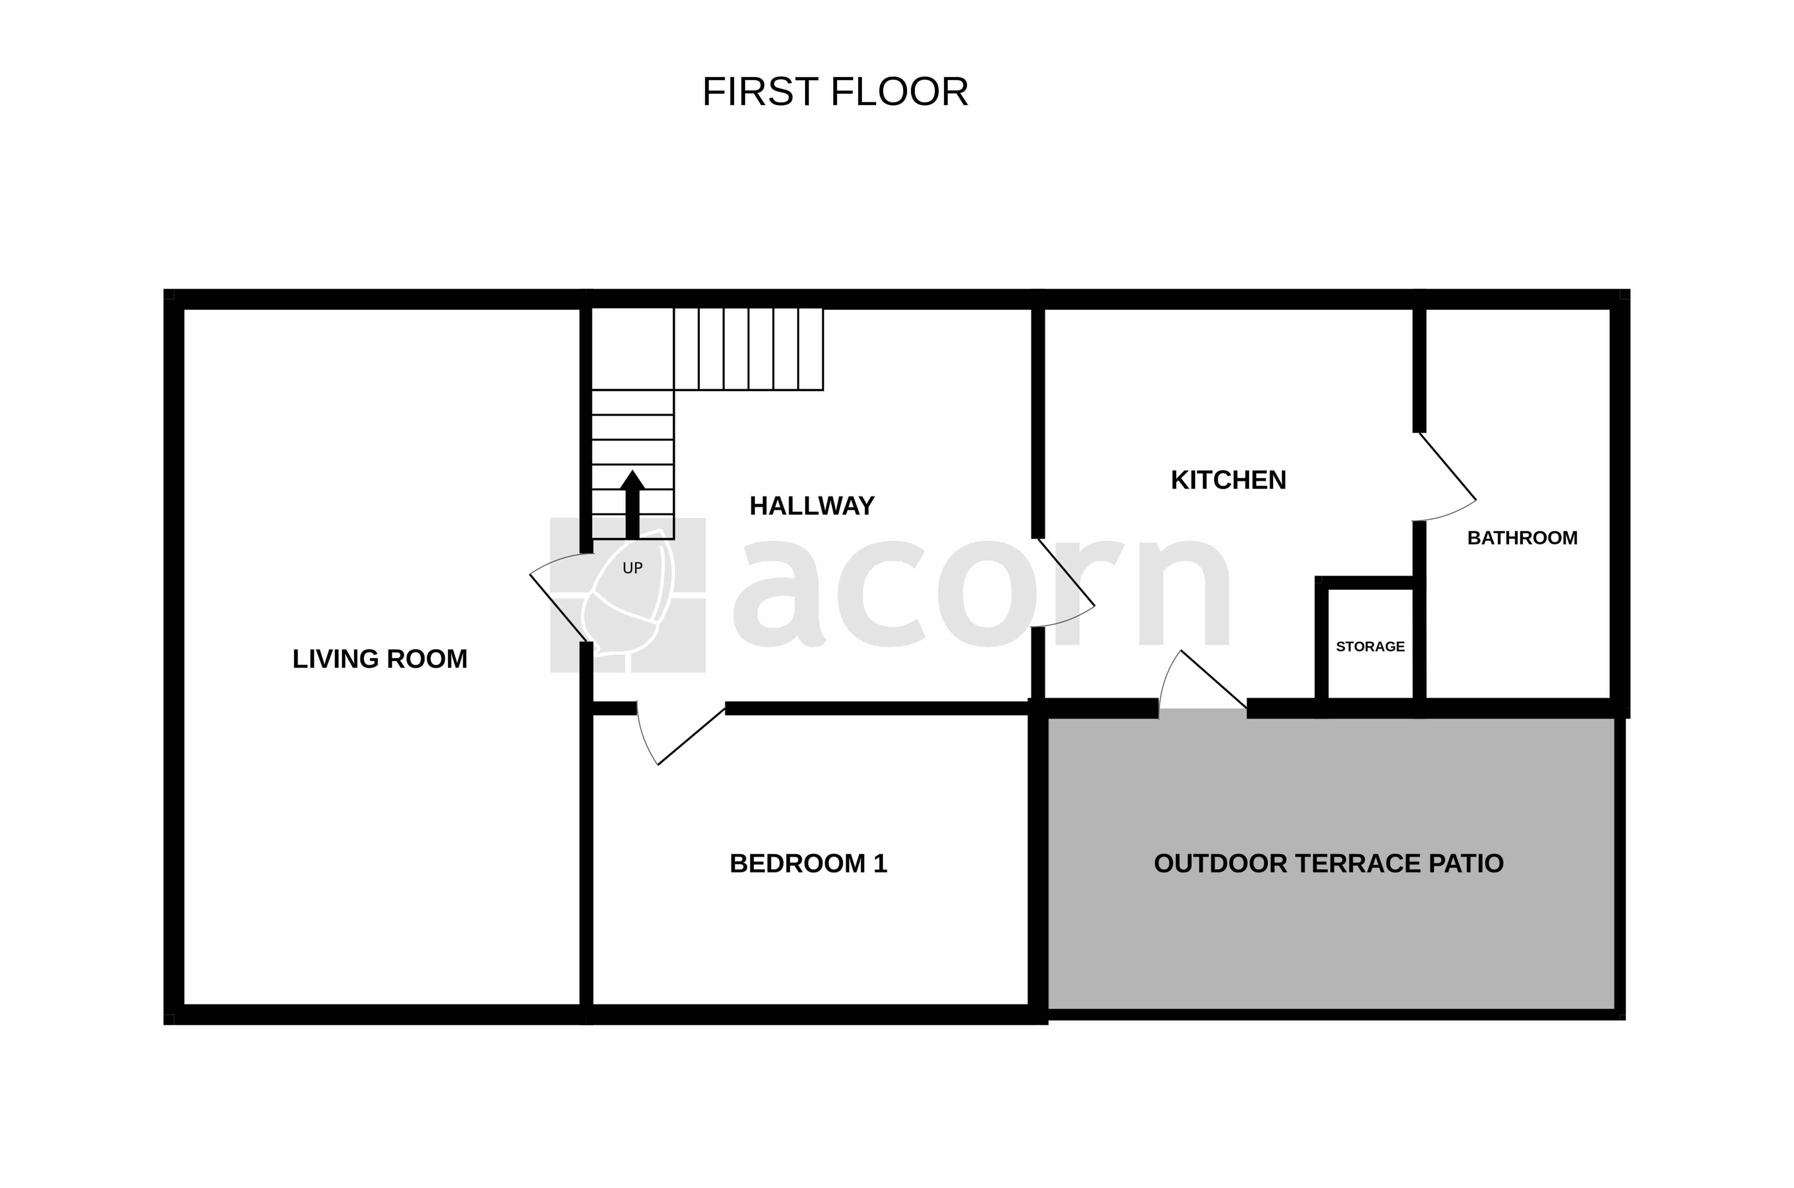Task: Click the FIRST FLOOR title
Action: click(835, 92)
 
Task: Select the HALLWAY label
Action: click(812, 505)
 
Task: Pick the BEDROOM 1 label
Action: click(808, 864)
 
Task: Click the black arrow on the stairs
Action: click(632, 504)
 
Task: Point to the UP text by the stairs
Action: click(632, 568)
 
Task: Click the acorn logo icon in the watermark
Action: click(628, 595)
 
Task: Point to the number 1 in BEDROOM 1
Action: click(880, 864)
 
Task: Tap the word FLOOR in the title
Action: click(900, 92)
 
